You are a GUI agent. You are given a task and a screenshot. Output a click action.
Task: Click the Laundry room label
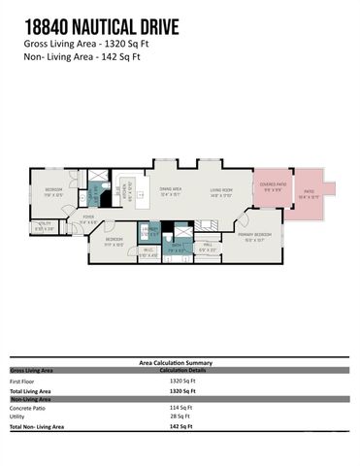coord(148,230)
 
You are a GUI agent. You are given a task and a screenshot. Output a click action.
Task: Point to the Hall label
coord(208,247)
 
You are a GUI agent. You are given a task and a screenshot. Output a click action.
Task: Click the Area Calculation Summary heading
coord(180,363)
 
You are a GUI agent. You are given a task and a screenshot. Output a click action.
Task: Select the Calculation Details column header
coord(184,370)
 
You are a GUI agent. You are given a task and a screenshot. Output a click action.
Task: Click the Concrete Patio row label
coord(28,407)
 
